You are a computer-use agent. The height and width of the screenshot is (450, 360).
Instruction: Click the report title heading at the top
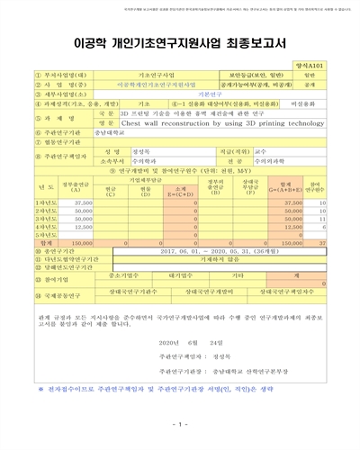click(x=180, y=42)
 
